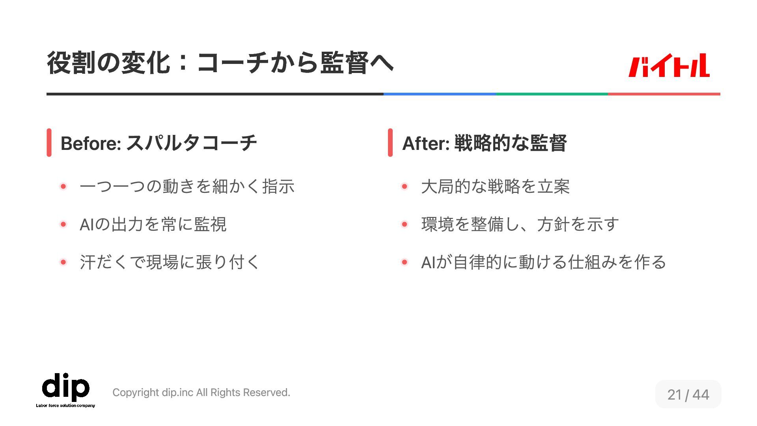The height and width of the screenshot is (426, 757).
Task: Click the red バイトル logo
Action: click(669, 65)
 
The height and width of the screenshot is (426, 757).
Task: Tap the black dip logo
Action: click(66, 386)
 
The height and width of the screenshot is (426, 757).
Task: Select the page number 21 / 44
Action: click(688, 394)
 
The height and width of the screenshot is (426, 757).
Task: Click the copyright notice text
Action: click(201, 392)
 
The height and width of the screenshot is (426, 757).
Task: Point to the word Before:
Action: click(91, 143)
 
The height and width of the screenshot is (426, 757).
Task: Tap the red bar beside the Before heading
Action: click(49, 142)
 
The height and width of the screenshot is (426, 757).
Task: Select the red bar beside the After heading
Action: click(390, 142)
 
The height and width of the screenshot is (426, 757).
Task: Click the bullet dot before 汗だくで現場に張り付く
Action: click(63, 262)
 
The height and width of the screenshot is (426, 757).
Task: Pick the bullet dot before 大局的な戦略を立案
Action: click(404, 186)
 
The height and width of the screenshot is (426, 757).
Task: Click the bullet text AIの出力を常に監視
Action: click(153, 224)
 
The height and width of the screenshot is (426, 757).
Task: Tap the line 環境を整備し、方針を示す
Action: click(520, 224)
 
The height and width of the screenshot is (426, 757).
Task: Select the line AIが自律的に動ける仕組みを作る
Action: click(543, 262)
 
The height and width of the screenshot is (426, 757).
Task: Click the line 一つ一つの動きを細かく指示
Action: click(187, 187)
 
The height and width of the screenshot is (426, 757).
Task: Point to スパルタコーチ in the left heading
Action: click(192, 143)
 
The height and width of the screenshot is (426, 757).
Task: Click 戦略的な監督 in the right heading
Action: click(511, 143)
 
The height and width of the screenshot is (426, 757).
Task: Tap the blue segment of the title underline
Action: click(440, 94)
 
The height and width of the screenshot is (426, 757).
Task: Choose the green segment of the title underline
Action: click(552, 94)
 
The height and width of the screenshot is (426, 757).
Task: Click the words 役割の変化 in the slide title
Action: click(108, 63)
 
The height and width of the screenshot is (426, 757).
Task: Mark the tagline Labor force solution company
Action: click(65, 405)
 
